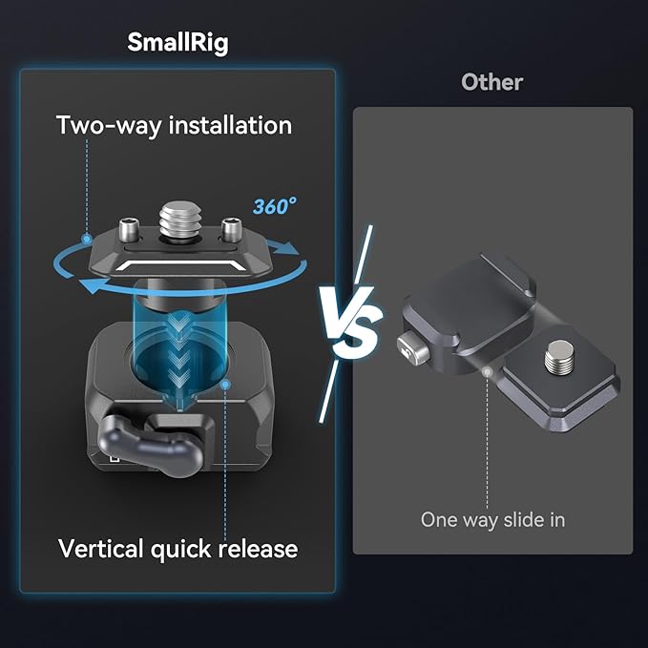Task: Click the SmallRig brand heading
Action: tap(178, 43)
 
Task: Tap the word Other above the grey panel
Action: tap(491, 82)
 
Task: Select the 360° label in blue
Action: tap(275, 206)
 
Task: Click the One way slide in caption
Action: tap(492, 519)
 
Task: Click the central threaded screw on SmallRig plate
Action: tap(179, 223)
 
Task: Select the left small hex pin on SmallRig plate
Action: tap(129, 230)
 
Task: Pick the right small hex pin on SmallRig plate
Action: tap(231, 230)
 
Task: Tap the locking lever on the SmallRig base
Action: tap(151, 446)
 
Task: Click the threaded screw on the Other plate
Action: tap(559, 356)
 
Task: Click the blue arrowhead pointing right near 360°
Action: tap(286, 247)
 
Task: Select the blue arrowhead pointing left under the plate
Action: tap(90, 286)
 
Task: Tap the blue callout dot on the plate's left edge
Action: tap(87, 239)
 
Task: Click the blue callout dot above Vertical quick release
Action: tap(225, 385)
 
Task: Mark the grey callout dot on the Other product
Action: tap(488, 372)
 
